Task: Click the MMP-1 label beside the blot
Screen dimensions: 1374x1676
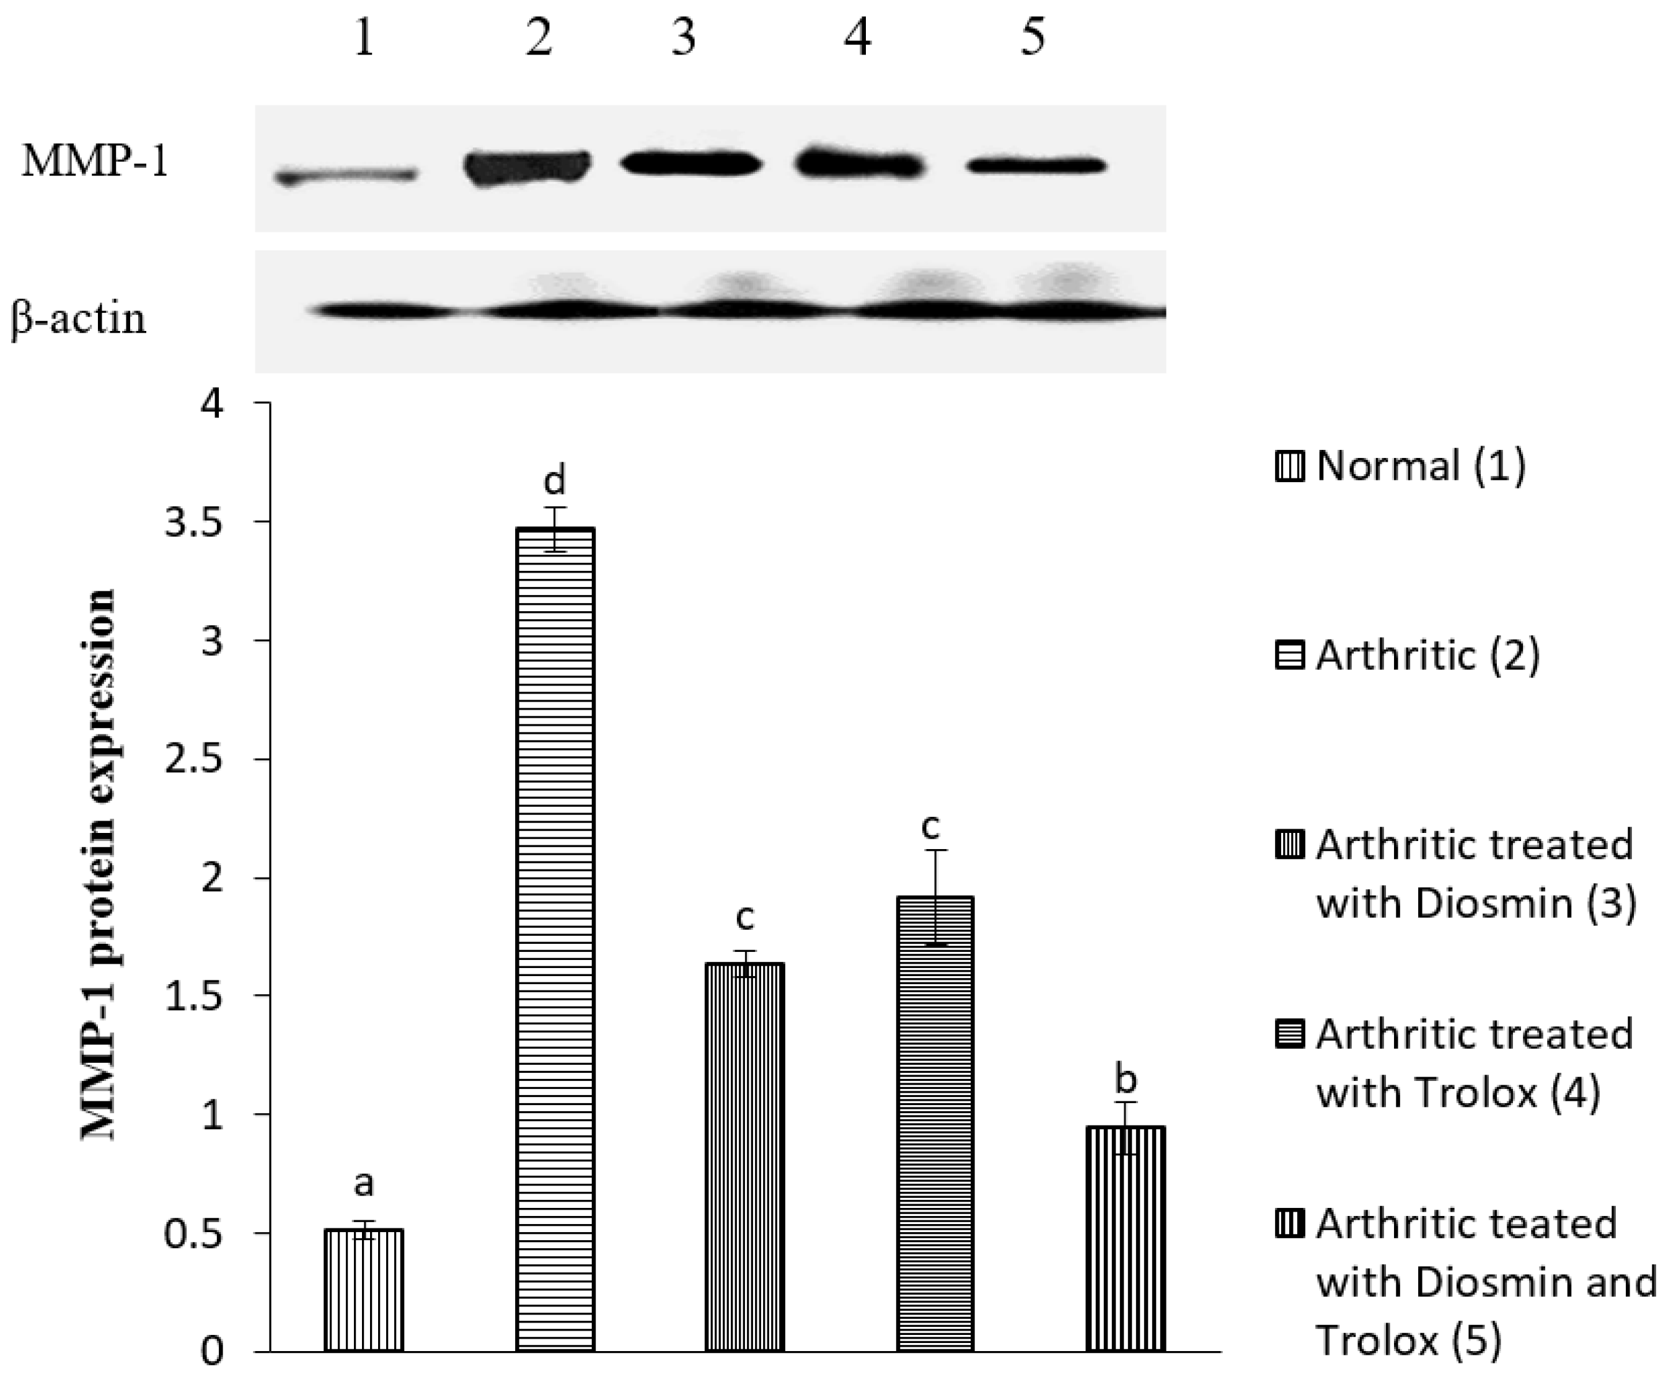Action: [95, 162]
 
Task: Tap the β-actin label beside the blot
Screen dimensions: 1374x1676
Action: [79, 319]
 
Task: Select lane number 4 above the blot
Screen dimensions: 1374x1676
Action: [857, 38]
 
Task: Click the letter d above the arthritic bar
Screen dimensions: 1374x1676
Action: [554, 480]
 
